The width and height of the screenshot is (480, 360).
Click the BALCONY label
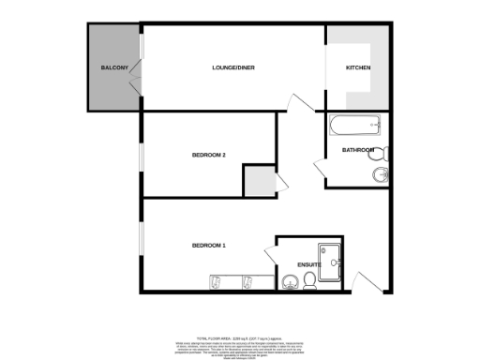pos(114,69)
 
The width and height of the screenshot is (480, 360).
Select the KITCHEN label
pos(358,68)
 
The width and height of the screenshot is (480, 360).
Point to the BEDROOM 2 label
pos(209,155)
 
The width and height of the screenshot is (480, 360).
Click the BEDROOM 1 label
pos(209,246)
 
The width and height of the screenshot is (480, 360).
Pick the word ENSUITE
pos(309,264)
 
